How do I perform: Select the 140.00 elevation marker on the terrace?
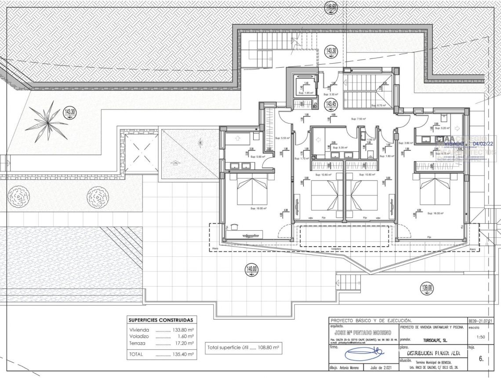click(252, 269)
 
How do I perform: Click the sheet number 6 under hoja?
click(481, 358)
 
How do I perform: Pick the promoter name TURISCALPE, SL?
click(436, 340)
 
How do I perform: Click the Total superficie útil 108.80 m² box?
click(244, 348)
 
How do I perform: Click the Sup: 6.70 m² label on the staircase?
click(378, 105)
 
